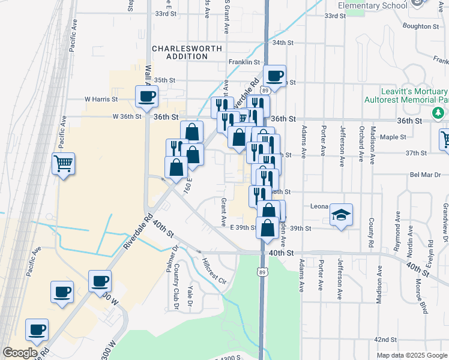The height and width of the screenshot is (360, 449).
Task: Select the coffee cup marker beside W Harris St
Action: click(146, 95)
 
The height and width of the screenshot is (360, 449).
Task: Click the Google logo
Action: click(19, 353)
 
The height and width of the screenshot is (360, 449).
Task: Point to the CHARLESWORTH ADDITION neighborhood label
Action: click(179, 52)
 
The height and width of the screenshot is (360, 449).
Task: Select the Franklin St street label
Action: click(244, 62)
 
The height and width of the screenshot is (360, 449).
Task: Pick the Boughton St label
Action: click(421, 26)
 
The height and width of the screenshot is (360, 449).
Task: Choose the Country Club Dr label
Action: click(177, 294)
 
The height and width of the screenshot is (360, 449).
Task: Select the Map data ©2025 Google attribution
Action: click(412, 355)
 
